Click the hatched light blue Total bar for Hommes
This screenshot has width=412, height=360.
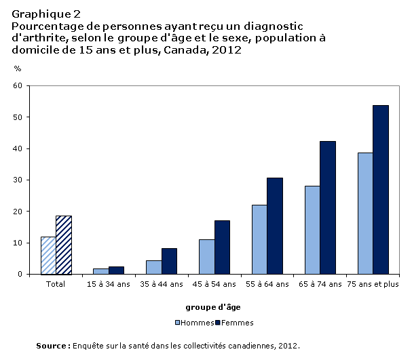[49, 256]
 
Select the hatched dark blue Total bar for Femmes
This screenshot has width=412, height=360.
[64, 245]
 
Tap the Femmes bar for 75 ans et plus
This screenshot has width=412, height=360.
[381, 190]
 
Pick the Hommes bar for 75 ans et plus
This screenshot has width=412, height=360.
[365, 214]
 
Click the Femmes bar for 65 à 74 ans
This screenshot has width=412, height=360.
[328, 208]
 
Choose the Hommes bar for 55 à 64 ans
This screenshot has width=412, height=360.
[259, 239]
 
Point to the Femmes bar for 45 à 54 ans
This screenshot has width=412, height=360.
[223, 247]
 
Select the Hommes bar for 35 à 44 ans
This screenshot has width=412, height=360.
[154, 267]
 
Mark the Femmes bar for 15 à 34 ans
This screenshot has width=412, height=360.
[116, 271]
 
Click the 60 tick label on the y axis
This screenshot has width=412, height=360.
[18, 85]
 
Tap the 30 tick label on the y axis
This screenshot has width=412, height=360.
[18, 180]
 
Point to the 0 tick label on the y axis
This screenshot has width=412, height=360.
[20, 274]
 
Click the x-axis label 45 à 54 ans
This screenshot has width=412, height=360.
[214, 284]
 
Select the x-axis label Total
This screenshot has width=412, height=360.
[56, 284]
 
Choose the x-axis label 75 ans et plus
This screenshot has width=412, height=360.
[373, 284]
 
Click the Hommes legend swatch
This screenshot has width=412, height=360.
[178, 323]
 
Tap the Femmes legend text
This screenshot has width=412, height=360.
[238, 323]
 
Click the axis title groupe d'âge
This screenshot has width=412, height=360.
[213, 307]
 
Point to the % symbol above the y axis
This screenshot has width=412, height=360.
[18, 68]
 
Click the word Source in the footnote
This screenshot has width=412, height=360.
[51, 346]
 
